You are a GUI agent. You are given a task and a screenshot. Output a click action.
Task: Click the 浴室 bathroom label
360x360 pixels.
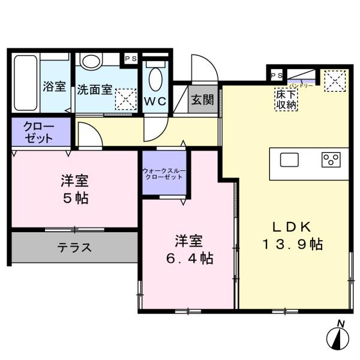click(54, 86)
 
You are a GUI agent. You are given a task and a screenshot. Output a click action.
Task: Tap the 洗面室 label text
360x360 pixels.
click(94, 89)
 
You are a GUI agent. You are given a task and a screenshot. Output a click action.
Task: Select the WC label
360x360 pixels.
click(156, 101)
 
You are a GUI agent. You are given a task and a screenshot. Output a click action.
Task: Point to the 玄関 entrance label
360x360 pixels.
click(202, 100)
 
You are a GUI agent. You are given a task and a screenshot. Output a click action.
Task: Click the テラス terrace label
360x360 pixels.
click(74, 247)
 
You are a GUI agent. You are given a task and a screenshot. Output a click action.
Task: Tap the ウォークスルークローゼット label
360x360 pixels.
click(163, 175)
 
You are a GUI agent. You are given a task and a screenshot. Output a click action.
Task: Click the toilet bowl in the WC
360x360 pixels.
click(155, 79)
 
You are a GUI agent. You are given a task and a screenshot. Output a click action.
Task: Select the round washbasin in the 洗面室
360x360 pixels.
click(92, 61)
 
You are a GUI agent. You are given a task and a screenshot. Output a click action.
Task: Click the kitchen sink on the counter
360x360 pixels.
click(290, 160)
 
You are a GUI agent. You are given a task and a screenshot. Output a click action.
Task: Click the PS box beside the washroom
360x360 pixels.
click(130, 59)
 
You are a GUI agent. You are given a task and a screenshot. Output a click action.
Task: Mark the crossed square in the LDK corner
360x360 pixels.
click(335, 80)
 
